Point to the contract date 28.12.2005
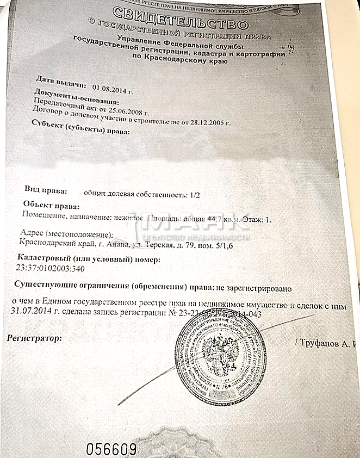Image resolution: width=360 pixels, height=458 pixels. [208, 121]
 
